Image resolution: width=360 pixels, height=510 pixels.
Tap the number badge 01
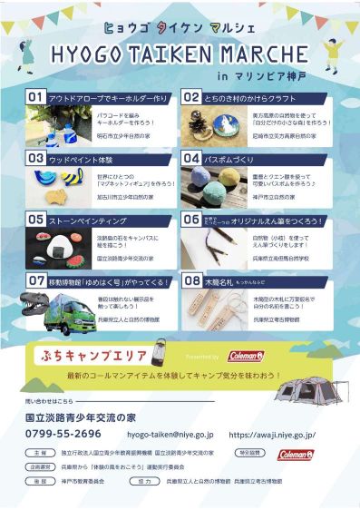pos(36,96)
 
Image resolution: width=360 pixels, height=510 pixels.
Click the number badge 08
pos(191,280)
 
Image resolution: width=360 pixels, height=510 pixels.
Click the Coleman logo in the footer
pos(297,453)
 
